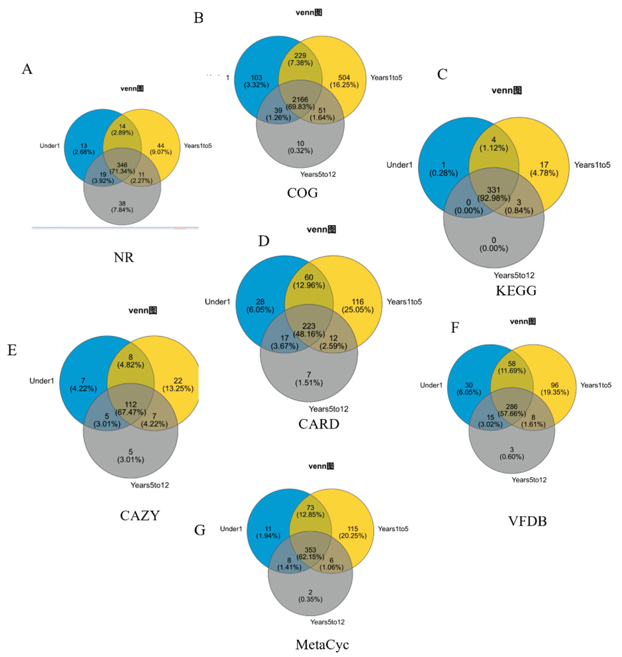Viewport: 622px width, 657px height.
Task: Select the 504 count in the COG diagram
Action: click(x=344, y=78)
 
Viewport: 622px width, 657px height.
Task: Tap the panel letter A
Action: click(x=27, y=69)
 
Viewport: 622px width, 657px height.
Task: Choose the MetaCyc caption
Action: click(x=322, y=644)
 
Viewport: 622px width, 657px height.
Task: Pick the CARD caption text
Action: click(x=319, y=424)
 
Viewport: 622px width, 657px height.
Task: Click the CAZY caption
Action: click(x=140, y=515)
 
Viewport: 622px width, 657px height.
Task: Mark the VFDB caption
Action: click(x=527, y=521)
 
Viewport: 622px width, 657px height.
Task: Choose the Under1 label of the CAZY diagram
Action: click(x=42, y=381)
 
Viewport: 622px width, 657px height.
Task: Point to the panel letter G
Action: click(x=200, y=530)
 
